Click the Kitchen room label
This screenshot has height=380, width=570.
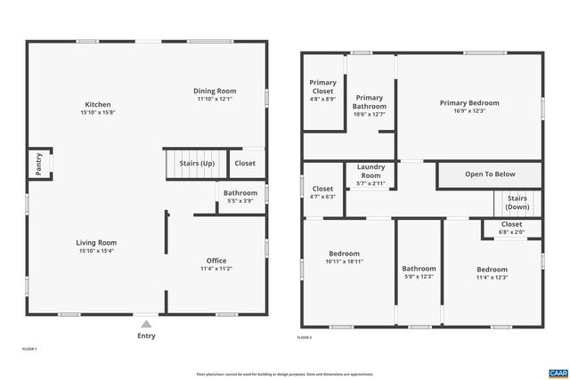click(x=97, y=105)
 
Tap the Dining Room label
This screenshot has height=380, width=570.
click(x=215, y=91)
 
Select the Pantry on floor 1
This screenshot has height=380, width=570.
click(x=38, y=164)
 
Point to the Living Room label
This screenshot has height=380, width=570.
click(x=95, y=242)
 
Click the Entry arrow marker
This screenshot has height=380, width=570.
click(x=145, y=325)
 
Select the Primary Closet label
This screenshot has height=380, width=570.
click(x=323, y=86)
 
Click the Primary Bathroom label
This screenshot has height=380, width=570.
click(x=370, y=101)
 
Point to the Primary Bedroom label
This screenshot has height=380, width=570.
click(x=469, y=103)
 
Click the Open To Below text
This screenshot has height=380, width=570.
click(x=490, y=174)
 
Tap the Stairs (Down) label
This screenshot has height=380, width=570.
click(x=517, y=203)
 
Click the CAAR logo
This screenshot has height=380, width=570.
click(x=558, y=372)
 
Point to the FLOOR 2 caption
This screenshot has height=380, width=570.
click(x=305, y=338)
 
